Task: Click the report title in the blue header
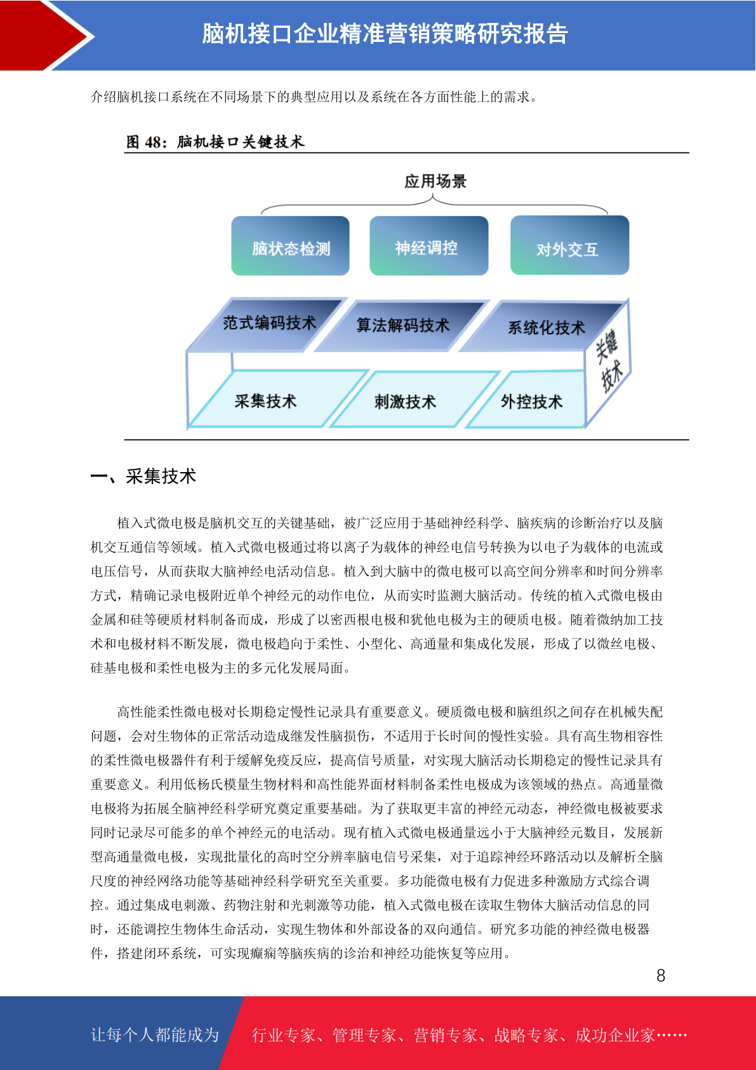[x=385, y=34]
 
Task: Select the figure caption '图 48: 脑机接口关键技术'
[x=215, y=142]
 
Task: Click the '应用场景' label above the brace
[x=435, y=181]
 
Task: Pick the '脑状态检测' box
[x=290, y=245]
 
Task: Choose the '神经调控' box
[x=428, y=245]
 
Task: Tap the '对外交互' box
[x=569, y=245]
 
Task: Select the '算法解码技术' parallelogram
[x=402, y=326]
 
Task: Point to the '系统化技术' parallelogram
[x=544, y=327]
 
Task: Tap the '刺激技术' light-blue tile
[x=413, y=400]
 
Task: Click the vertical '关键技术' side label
[x=609, y=361]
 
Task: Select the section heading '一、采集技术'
[x=143, y=477]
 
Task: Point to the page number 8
[x=661, y=975]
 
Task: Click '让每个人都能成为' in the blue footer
[x=155, y=1034]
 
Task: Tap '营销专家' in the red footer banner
[x=446, y=1035]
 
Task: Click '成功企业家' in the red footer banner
[x=614, y=1035]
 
